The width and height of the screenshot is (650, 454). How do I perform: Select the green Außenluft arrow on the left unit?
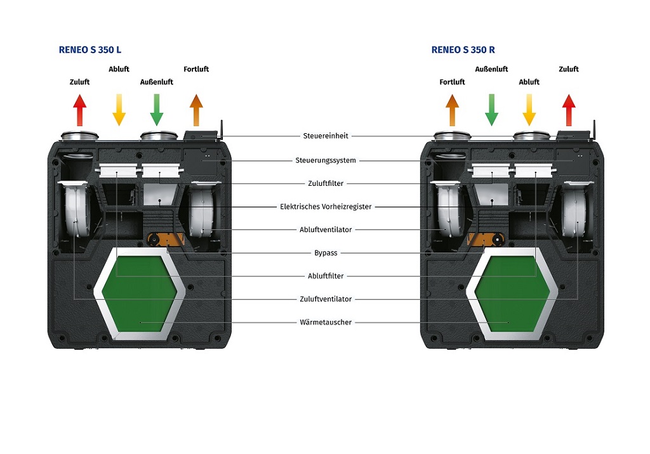point(157,110)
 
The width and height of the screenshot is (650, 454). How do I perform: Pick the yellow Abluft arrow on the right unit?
point(529,110)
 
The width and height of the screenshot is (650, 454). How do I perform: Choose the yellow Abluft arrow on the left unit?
point(119,110)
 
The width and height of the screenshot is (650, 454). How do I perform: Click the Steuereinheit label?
point(324,136)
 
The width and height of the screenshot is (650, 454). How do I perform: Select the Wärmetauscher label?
point(326,322)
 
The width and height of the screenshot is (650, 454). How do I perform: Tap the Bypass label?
point(326,253)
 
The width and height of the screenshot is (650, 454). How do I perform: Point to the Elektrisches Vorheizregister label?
point(326,207)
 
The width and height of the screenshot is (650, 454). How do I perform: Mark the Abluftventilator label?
point(326,230)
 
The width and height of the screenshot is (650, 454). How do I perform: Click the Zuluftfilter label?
point(326,183)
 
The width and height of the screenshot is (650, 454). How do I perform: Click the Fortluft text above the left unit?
point(196,69)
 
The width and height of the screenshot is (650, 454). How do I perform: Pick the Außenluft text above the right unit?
point(491,69)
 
